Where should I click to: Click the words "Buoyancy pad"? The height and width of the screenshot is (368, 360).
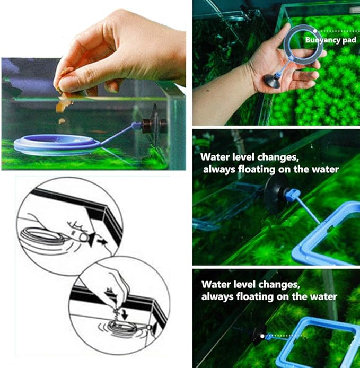(328, 40)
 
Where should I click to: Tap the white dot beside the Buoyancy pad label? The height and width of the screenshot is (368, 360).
(303, 31)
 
